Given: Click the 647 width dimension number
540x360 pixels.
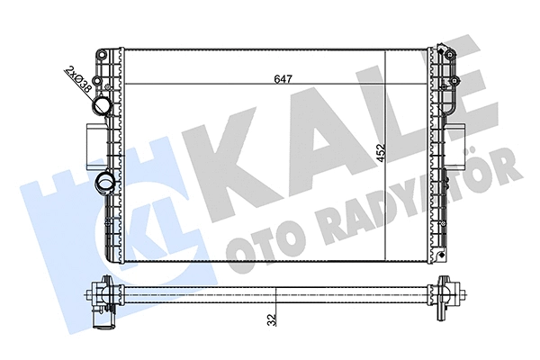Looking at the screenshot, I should [282, 77].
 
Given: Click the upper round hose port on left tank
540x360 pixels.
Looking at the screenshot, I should [101, 107].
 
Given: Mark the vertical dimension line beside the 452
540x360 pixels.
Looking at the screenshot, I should [385, 153].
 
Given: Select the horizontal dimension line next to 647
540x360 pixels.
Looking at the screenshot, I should [225, 84].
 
